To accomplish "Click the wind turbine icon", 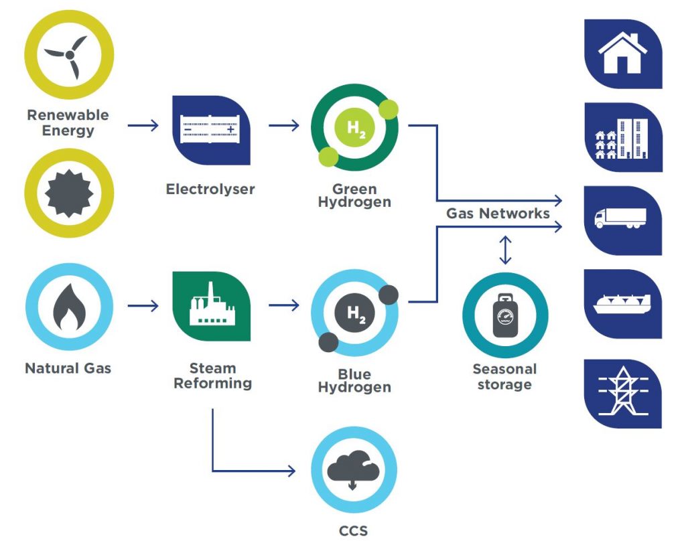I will (69, 54).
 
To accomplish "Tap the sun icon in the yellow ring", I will (69, 193).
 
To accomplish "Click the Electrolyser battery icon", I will (210, 130).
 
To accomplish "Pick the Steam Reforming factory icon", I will (210, 306).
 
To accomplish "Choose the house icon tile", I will (622, 54).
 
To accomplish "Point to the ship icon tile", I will (622, 304).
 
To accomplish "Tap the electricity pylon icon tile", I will (622, 393).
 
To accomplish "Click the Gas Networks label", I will (498, 214).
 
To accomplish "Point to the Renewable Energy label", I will (68, 123).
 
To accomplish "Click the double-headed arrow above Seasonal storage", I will (505, 249).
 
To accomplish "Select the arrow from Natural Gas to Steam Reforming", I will (143, 306).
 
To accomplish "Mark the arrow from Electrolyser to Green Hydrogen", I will (284, 125).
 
